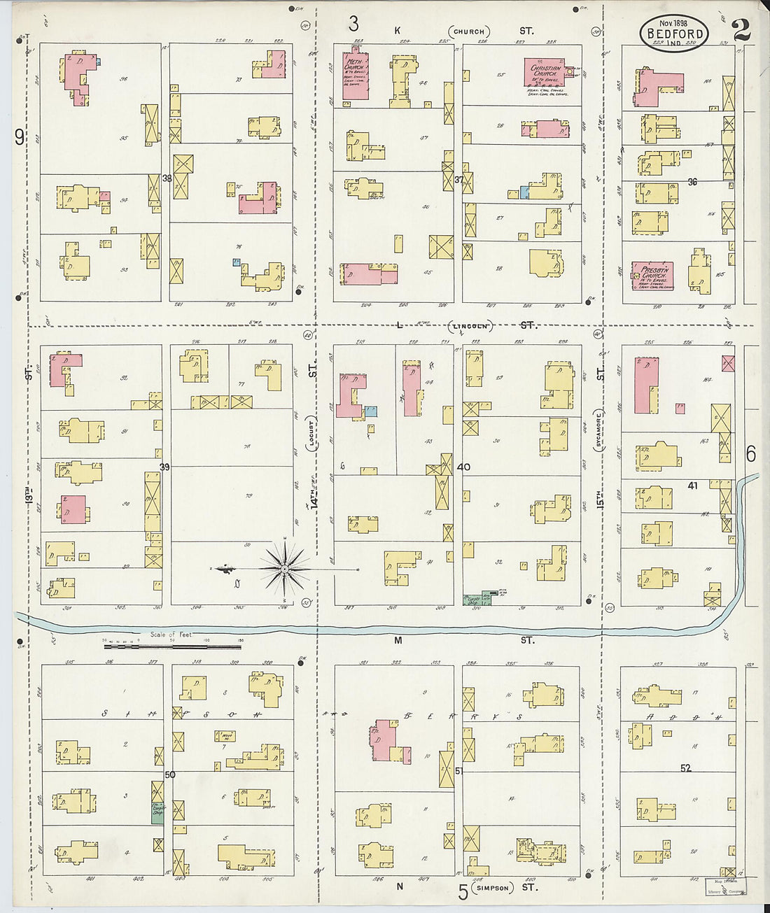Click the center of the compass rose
point(285,570)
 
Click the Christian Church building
point(549,71)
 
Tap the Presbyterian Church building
point(652,276)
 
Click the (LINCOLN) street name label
point(470,326)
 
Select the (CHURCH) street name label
point(469,31)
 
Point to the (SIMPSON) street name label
point(493,887)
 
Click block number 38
point(167,178)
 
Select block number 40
point(463,467)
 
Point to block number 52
point(685,768)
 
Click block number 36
point(692,182)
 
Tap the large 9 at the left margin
point(19,137)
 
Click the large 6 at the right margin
point(750,455)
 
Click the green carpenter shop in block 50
point(157,813)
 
